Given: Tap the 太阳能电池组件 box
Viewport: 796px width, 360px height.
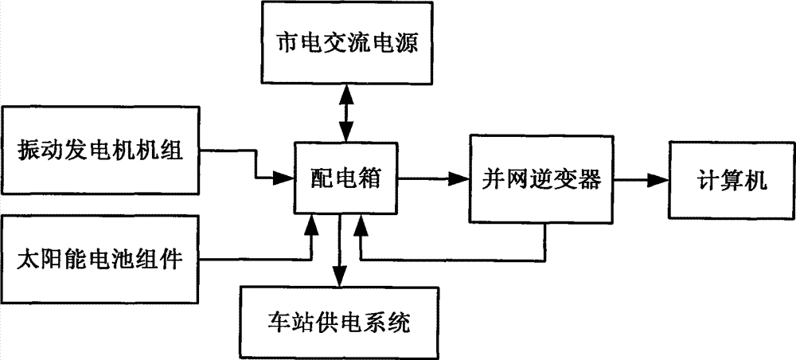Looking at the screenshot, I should pyautogui.click(x=100, y=259).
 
